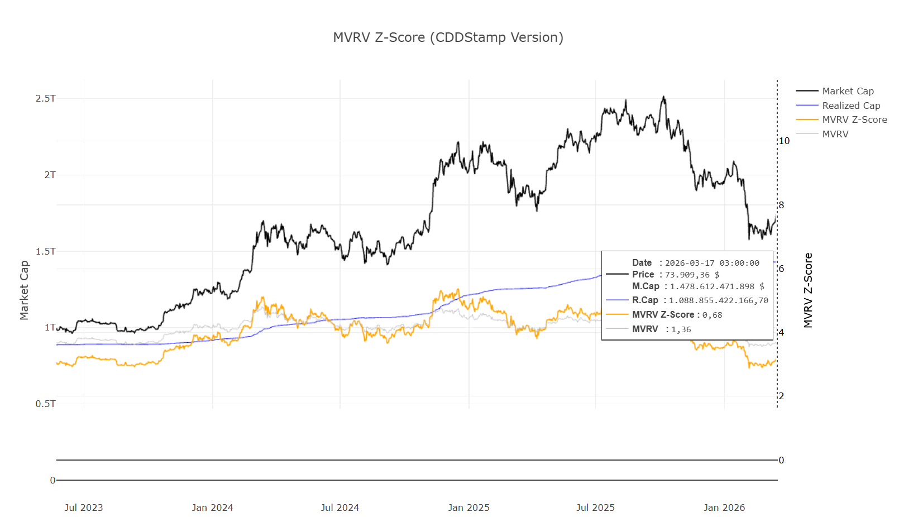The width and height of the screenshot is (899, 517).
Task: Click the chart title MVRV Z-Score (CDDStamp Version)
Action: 448,37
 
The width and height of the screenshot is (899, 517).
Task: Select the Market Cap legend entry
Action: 848,91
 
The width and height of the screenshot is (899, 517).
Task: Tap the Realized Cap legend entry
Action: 850,106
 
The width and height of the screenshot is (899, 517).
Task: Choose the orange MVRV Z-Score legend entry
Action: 854,119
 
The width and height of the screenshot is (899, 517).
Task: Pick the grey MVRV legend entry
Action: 835,134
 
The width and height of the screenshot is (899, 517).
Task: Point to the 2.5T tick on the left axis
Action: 46,99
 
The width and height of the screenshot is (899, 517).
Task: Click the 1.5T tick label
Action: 46,251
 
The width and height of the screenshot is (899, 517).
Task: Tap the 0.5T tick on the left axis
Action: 46,404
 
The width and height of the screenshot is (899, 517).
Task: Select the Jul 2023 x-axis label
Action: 84,508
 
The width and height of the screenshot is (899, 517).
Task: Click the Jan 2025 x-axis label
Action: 468,508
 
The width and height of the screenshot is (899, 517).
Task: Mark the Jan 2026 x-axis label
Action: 724,508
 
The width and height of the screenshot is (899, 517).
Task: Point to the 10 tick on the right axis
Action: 784,141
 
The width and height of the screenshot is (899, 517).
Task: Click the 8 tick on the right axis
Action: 781,205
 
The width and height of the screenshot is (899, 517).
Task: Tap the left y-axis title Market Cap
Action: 24,290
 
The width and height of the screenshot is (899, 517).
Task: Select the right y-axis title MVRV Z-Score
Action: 808,290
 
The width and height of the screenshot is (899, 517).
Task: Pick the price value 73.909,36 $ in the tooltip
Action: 692,275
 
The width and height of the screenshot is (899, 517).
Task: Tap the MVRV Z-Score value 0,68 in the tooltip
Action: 712,315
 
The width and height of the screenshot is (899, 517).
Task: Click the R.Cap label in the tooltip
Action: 645,300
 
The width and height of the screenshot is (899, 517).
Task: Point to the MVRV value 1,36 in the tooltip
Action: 681,329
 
